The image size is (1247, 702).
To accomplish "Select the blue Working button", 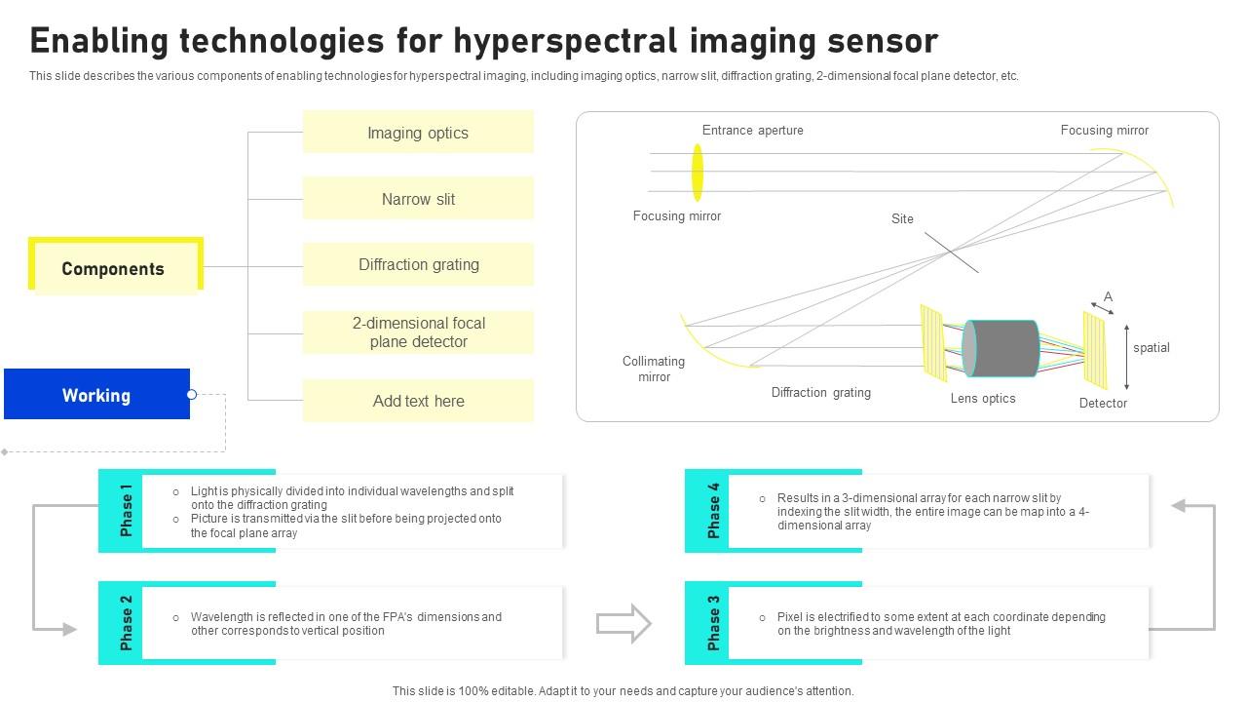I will (96, 395).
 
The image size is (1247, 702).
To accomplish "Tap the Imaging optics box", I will (418, 133).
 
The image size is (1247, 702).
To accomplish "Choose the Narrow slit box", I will (418, 199).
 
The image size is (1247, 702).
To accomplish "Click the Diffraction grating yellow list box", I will (418, 264).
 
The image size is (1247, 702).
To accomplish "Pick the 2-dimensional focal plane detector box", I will (418, 332).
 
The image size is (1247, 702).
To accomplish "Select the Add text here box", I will (418, 401).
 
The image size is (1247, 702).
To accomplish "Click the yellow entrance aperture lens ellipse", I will (698, 173).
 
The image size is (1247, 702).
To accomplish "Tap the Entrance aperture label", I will (752, 130).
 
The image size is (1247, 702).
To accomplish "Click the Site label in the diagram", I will (902, 218).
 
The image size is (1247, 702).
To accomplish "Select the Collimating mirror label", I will (654, 369).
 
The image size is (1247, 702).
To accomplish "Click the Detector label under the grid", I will (1103, 403).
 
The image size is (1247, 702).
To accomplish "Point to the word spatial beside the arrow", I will (1151, 347).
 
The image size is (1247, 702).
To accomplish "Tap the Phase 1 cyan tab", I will (125, 510).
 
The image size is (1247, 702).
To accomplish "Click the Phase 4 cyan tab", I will (712, 510).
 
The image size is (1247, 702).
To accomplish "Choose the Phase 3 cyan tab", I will (712, 623).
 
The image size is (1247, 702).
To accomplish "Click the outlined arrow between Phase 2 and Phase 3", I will (623, 623).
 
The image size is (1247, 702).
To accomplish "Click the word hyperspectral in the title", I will (565, 41).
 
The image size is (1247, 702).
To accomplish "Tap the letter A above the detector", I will (1108, 296).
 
